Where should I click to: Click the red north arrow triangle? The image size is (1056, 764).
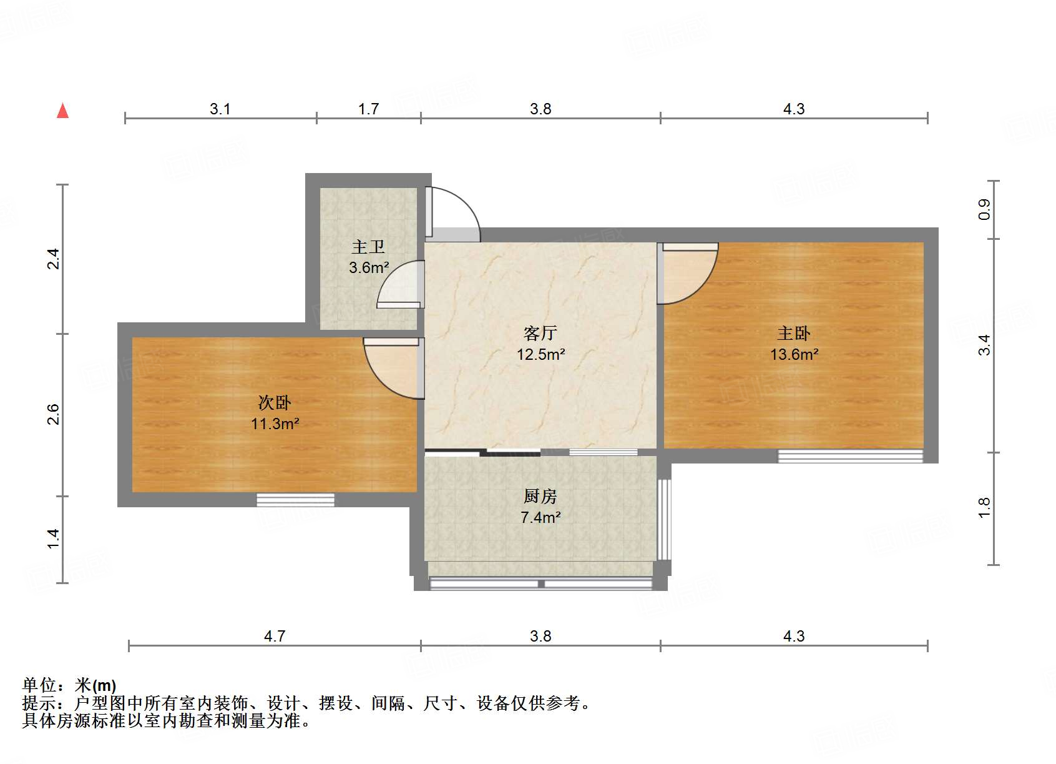pos(62,111)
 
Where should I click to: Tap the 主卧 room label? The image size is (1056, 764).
pos(793,333)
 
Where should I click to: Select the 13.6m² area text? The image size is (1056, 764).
pos(794,354)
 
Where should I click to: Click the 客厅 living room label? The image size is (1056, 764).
pos(540,333)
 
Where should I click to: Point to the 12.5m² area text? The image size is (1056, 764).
pos(540,354)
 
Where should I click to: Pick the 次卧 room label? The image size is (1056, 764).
pos(275,402)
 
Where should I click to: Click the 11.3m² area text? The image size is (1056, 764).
pos(275,424)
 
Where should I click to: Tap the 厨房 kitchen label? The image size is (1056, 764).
pos(540,496)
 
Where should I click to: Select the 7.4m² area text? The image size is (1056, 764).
pos(540,517)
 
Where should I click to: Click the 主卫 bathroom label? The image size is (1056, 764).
pos(368,247)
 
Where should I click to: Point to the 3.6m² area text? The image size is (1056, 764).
pos(369,267)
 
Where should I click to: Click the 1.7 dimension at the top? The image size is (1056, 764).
pos(368,109)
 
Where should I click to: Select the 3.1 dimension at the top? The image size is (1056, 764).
pos(220,109)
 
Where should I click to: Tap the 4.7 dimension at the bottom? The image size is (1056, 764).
pos(275,636)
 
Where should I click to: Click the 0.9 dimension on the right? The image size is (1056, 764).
pos(984,209)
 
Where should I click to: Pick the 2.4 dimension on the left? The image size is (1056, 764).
pos(54,259)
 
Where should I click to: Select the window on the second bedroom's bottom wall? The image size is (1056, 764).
pos(295,500)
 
